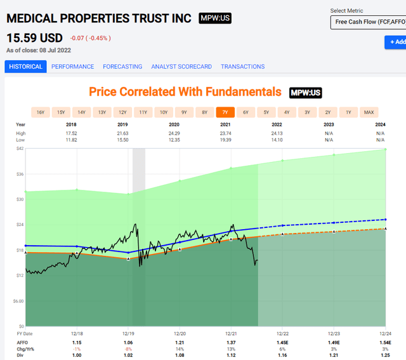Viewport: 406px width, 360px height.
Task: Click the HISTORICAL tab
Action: point(26,67)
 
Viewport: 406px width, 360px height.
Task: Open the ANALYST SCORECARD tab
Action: point(181,67)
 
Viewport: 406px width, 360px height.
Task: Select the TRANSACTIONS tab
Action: point(242,67)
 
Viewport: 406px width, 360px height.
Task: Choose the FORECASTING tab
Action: point(122,67)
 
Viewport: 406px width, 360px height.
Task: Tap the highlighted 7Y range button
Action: point(225,112)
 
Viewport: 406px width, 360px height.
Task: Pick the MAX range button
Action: point(369,112)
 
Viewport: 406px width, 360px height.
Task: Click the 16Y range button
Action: point(41,112)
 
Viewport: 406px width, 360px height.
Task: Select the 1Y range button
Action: point(348,112)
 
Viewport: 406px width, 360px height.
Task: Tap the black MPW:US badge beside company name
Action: point(215,18)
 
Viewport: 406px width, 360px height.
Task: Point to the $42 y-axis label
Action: point(20,149)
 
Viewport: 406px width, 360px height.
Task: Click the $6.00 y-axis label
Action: point(18,301)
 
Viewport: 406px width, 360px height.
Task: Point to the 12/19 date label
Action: point(128,333)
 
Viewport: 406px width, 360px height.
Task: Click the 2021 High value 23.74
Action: point(232,133)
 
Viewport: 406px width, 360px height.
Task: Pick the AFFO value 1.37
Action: point(232,343)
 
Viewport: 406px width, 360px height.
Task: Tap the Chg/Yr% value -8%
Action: point(128,349)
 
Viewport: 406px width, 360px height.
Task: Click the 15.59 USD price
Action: point(34,38)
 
